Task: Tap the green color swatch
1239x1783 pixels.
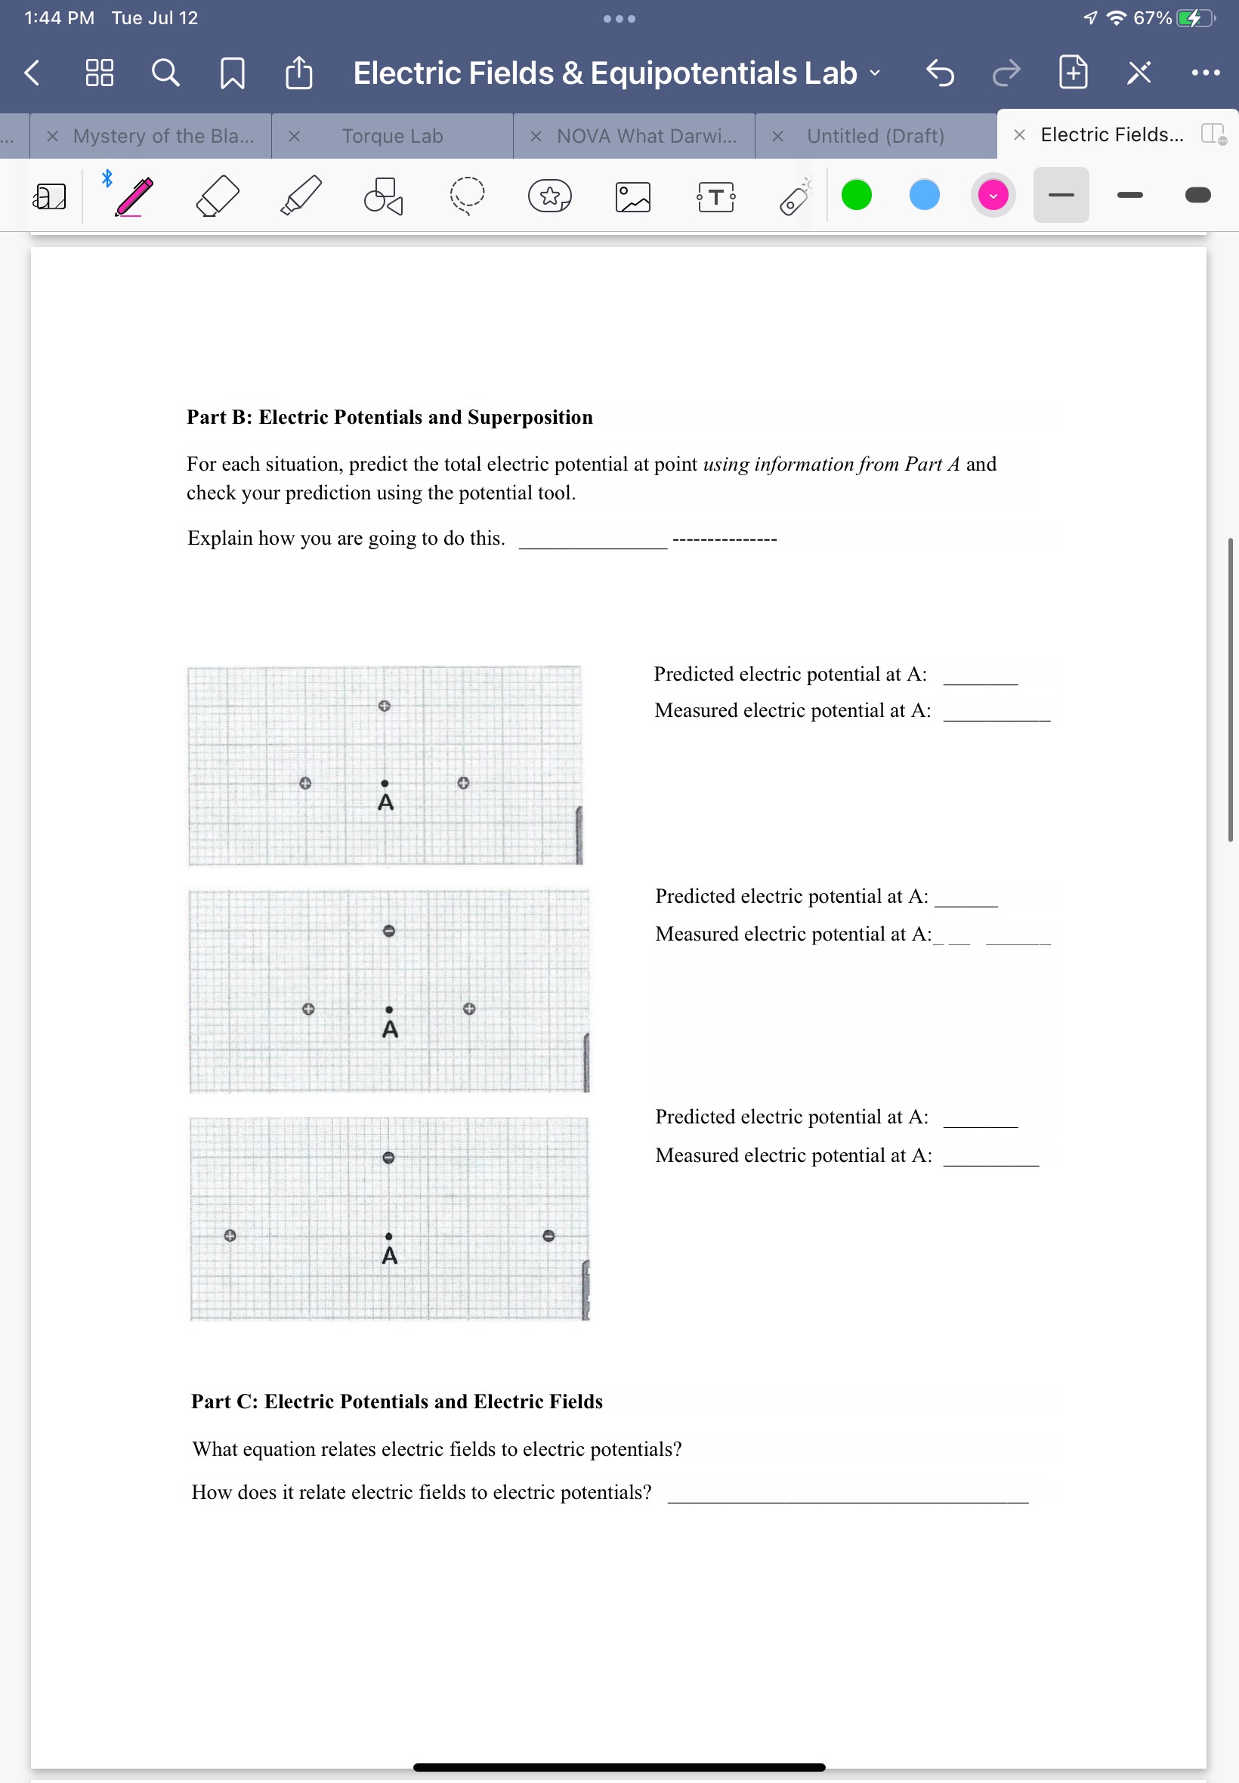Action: [x=856, y=195]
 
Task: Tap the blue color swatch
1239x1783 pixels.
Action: [x=924, y=195]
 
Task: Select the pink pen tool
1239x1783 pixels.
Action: [x=134, y=196]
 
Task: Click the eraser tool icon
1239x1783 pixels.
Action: [x=218, y=196]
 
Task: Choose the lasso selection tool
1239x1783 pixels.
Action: [x=467, y=196]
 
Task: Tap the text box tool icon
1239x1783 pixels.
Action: [x=715, y=196]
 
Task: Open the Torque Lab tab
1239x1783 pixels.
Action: [x=392, y=136]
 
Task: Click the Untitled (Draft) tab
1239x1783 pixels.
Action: [x=875, y=136]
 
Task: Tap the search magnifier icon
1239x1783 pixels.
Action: [x=165, y=73]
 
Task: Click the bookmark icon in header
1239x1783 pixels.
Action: [x=232, y=74]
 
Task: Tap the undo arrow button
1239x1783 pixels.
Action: [x=939, y=74]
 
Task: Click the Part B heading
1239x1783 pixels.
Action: [x=389, y=417]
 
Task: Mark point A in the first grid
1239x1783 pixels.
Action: [x=385, y=783]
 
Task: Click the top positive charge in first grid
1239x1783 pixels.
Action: [x=384, y=706]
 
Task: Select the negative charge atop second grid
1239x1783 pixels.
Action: [x=389, y=930]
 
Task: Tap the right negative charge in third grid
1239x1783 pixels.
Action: [x=548, y=1235]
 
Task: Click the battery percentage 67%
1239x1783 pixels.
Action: [x=1152, y=18]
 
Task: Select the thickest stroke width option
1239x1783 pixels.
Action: [x=1197, y=195]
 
